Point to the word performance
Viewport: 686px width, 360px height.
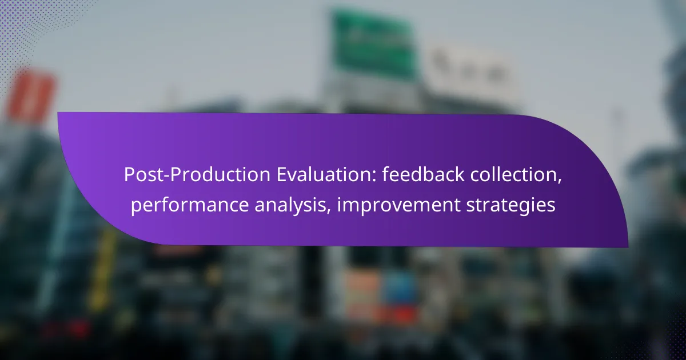coord(190,205)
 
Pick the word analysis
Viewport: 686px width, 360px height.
coord(293,205)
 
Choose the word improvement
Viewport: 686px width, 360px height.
coord(398,205)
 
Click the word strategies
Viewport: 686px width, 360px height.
coord(511,205)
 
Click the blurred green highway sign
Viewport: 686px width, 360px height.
coord(374,43)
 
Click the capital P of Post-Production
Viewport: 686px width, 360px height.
coord(130,174)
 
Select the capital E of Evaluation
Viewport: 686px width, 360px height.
coord(282,174)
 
